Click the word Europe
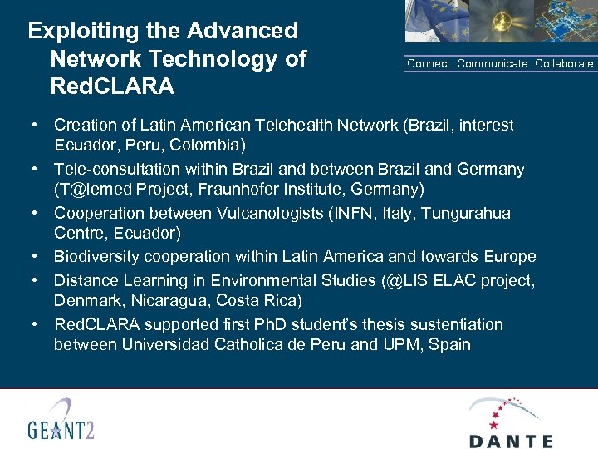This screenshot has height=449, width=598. (512, 257)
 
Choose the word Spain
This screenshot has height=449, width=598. (449, 345)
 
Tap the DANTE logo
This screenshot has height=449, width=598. (510, 423)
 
